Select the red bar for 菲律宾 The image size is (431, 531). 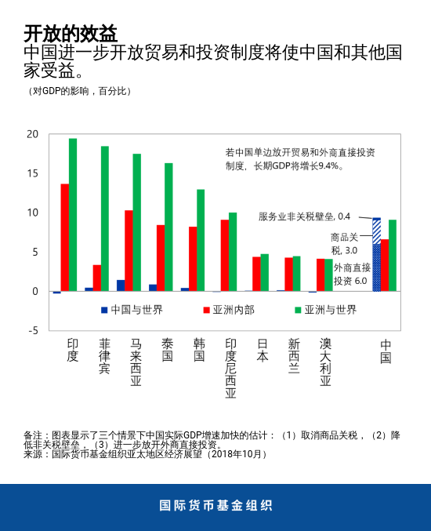point(96,278)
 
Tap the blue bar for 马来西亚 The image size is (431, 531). point(121,286)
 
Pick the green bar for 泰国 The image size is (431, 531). point(168,227)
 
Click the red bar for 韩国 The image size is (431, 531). point(193,259)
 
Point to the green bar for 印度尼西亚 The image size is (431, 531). point(233,252)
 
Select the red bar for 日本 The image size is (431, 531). point(256,274)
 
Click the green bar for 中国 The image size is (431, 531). point(393,255)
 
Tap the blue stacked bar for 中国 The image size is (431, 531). point(376,267)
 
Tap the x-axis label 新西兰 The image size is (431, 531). point(294,355)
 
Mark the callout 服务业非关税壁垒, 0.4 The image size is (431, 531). point(304,216)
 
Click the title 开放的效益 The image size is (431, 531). point(71,33)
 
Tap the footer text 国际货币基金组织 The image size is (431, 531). point(215,505)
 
